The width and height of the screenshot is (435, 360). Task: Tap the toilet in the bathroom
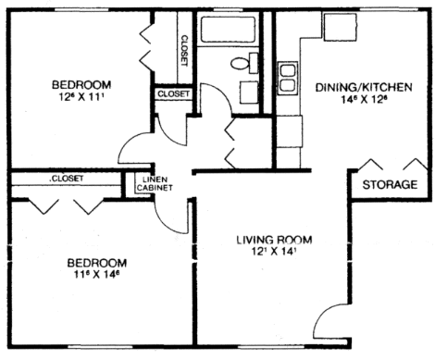244,64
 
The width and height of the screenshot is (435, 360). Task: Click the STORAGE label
389,184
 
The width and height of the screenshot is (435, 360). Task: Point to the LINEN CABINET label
155,184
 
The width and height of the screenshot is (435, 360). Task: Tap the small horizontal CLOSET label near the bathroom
173,94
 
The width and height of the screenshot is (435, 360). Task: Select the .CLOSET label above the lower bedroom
65,178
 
